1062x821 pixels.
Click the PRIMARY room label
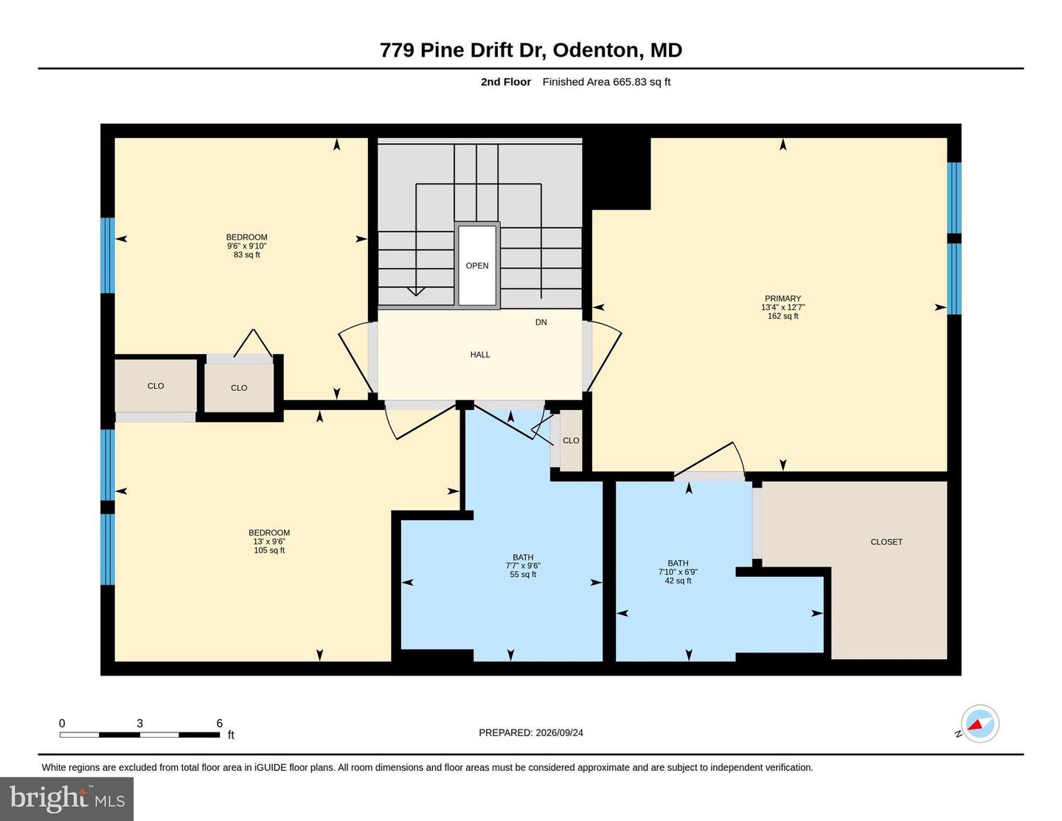pos(782,298)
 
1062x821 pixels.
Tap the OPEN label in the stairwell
pos(477,266)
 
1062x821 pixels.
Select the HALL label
pos(480,354)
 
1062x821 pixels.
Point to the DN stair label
pos(541,322)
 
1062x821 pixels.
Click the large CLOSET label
pos(886,541)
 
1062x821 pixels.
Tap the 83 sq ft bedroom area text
pos(247,254)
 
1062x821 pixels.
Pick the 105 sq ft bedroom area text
pos(269,550)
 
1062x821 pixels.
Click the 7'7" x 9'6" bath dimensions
pos(523,566)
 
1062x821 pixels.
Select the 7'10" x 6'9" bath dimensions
pos(678,572)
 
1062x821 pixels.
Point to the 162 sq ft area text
pos(783,316)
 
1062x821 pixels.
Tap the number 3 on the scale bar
pos(140,723)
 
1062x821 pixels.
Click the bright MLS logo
pos(67,799)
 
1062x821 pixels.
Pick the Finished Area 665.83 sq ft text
pos(606,82)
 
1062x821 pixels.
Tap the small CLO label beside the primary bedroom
pos(571,440)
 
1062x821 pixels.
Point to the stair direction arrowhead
pos(415,291)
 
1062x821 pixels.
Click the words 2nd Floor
pos(505,82)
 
